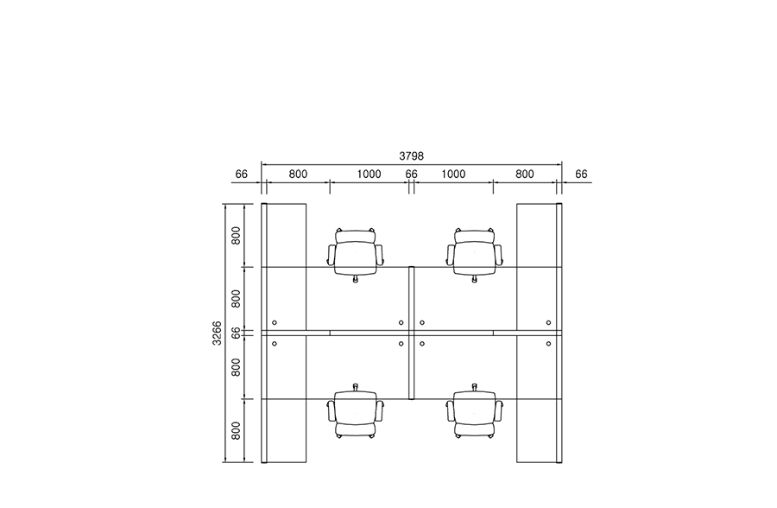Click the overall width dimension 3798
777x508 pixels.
411,156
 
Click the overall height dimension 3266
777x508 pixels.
217,333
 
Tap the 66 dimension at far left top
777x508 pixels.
242,175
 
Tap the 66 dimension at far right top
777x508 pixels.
581,175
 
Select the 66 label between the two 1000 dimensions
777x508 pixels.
411,175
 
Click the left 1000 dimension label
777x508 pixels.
370,175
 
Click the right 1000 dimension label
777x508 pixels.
453,175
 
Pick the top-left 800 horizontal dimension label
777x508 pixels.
298,175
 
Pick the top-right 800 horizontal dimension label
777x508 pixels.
525,175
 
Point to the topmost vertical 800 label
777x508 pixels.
236,235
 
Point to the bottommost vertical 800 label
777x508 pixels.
236,430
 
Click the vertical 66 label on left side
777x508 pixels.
236,333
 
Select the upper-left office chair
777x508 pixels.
356,255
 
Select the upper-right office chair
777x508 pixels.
475,255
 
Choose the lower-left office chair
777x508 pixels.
356,411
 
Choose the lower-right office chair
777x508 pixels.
475,411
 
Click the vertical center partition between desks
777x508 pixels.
411,333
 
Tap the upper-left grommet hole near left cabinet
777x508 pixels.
275,323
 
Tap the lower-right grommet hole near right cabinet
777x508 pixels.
548,344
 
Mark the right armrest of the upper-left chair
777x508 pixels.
380,255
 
